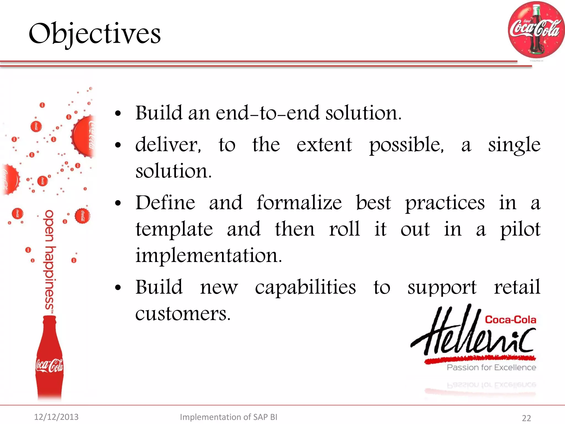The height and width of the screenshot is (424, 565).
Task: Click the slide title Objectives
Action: [x=95, y=34]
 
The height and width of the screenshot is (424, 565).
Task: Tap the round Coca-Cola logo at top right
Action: [x=536, y=30]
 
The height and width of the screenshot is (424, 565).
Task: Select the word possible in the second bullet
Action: [x=406, y=145]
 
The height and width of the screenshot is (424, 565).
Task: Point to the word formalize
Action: [x=299, y=203]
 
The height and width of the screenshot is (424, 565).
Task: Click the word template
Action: [x=174, y=229]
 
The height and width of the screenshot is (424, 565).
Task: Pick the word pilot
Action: [x=520, y=229]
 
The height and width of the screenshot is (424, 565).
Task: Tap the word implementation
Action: [x=209, y=256]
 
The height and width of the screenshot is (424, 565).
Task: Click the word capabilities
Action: [x=305, y=287]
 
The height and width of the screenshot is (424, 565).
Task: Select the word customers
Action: [x=183, y=314]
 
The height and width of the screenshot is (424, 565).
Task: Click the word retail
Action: [x=517, y=287]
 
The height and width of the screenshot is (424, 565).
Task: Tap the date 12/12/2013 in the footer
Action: [x=56, y=417]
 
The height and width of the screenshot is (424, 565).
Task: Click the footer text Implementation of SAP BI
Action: [x=228, y=417]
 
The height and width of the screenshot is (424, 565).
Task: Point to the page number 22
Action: [x=526, y=418]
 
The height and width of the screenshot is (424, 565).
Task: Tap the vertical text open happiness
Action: [x=49, y=259]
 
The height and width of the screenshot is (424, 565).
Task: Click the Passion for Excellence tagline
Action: [x=491, y=367]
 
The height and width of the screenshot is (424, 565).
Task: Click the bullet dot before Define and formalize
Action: [x=118, y=203]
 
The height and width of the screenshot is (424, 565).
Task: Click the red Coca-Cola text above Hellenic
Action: [x=510, y=320]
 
